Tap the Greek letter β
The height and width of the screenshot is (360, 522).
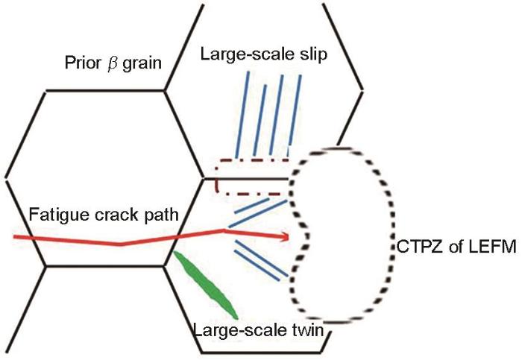pos(112,64)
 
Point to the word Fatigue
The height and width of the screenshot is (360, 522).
pos(59,215)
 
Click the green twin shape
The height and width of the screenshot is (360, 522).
pos(206,285)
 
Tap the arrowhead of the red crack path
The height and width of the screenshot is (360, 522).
pos(285,236)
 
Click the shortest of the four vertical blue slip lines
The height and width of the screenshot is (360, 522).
pos(260,120)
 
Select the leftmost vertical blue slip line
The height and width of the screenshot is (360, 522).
pos(242,115)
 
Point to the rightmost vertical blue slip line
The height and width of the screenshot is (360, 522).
pos(295,116)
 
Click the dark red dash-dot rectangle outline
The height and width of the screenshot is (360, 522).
pos(216,177)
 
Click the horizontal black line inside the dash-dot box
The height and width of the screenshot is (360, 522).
pos(245,179)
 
